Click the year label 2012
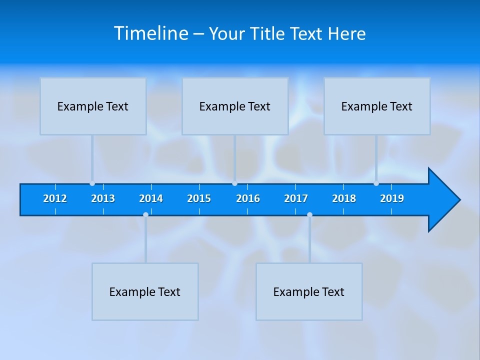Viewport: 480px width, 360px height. point(55,198)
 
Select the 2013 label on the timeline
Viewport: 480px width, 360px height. point(103,198)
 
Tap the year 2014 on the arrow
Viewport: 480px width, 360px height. point(151,198)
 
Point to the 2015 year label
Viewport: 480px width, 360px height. point(199,198)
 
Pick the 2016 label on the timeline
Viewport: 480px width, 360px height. point(248,198)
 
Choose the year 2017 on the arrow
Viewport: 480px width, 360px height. point(296,198)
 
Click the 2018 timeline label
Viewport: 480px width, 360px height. point(344,198)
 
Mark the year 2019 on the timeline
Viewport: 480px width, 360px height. point(392,198)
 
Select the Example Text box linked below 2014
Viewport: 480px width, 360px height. point(145,291)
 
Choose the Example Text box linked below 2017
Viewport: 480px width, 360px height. point(309,291)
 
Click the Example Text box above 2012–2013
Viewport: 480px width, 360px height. point(93,106)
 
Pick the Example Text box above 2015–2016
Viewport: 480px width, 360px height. point(235,106)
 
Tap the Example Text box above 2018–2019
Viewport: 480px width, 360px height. point(377,106)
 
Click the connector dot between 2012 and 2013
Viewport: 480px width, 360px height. point(92,183)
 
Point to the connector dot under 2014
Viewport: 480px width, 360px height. point(145,215)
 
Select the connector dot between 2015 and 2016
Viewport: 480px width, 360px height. point(234,183)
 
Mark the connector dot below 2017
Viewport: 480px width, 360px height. point(309,215)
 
